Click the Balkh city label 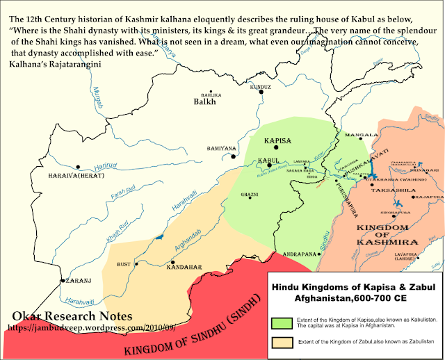click(x=205, y=101)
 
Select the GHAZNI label click(x=250, y=194)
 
